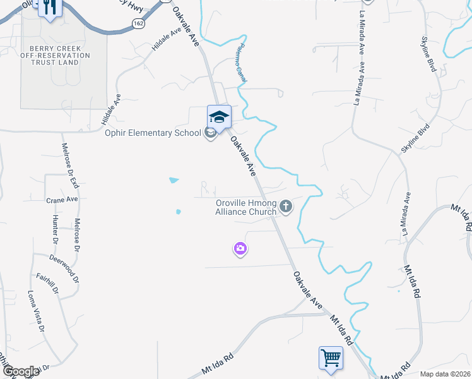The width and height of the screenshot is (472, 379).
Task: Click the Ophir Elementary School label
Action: click(153, 133)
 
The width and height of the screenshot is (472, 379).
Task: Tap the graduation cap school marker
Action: click(219, 117)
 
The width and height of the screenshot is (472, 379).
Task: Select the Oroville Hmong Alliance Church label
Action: click(245, 208)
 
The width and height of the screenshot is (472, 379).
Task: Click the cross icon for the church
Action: click(286, 206)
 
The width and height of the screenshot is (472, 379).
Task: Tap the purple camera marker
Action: click(240, 250)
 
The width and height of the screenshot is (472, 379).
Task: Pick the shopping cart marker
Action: click(331, 358)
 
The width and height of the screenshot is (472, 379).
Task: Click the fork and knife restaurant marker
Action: click(49, 8)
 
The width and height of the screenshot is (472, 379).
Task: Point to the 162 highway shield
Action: click(138, 23)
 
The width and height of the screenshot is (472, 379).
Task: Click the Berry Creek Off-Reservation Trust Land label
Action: click(56, 55)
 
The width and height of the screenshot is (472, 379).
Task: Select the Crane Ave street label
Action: click(62, 199)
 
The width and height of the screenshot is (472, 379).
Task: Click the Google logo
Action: click(21, 372)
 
